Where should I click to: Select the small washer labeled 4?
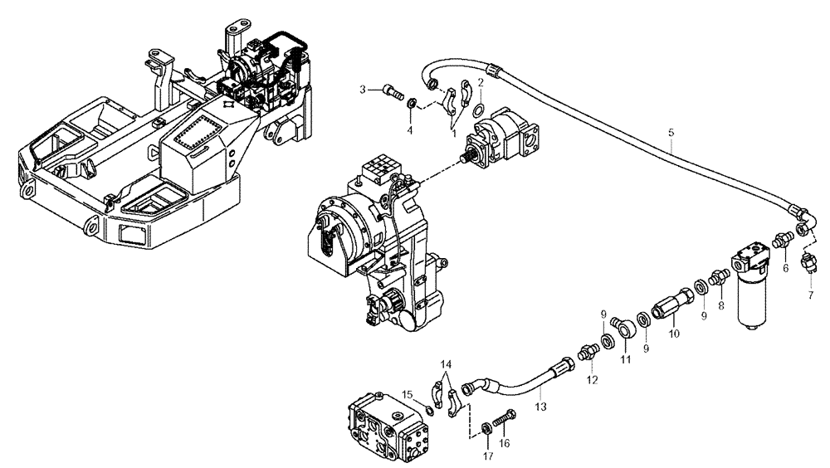(412, 104)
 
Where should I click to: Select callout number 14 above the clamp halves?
(447, 364)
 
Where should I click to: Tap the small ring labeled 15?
(426, 407)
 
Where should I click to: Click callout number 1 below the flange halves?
(453, 130)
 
